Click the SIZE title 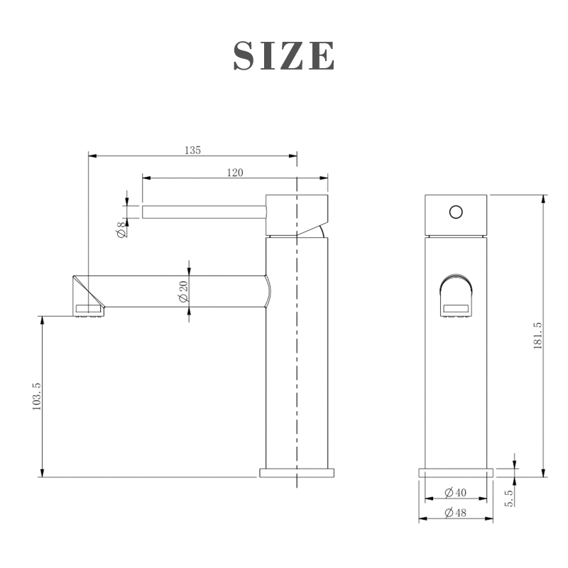pos(283,55)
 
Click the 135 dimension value pos(192,150)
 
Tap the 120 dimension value pos(235,173)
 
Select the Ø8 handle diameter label pos(121,229)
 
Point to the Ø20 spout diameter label pos(184,292)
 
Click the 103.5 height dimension pos(37,397)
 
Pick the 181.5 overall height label pos(538,336)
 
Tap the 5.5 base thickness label pos(509,498)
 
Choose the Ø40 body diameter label pos(455,493)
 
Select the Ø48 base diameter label pos(455,513)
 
